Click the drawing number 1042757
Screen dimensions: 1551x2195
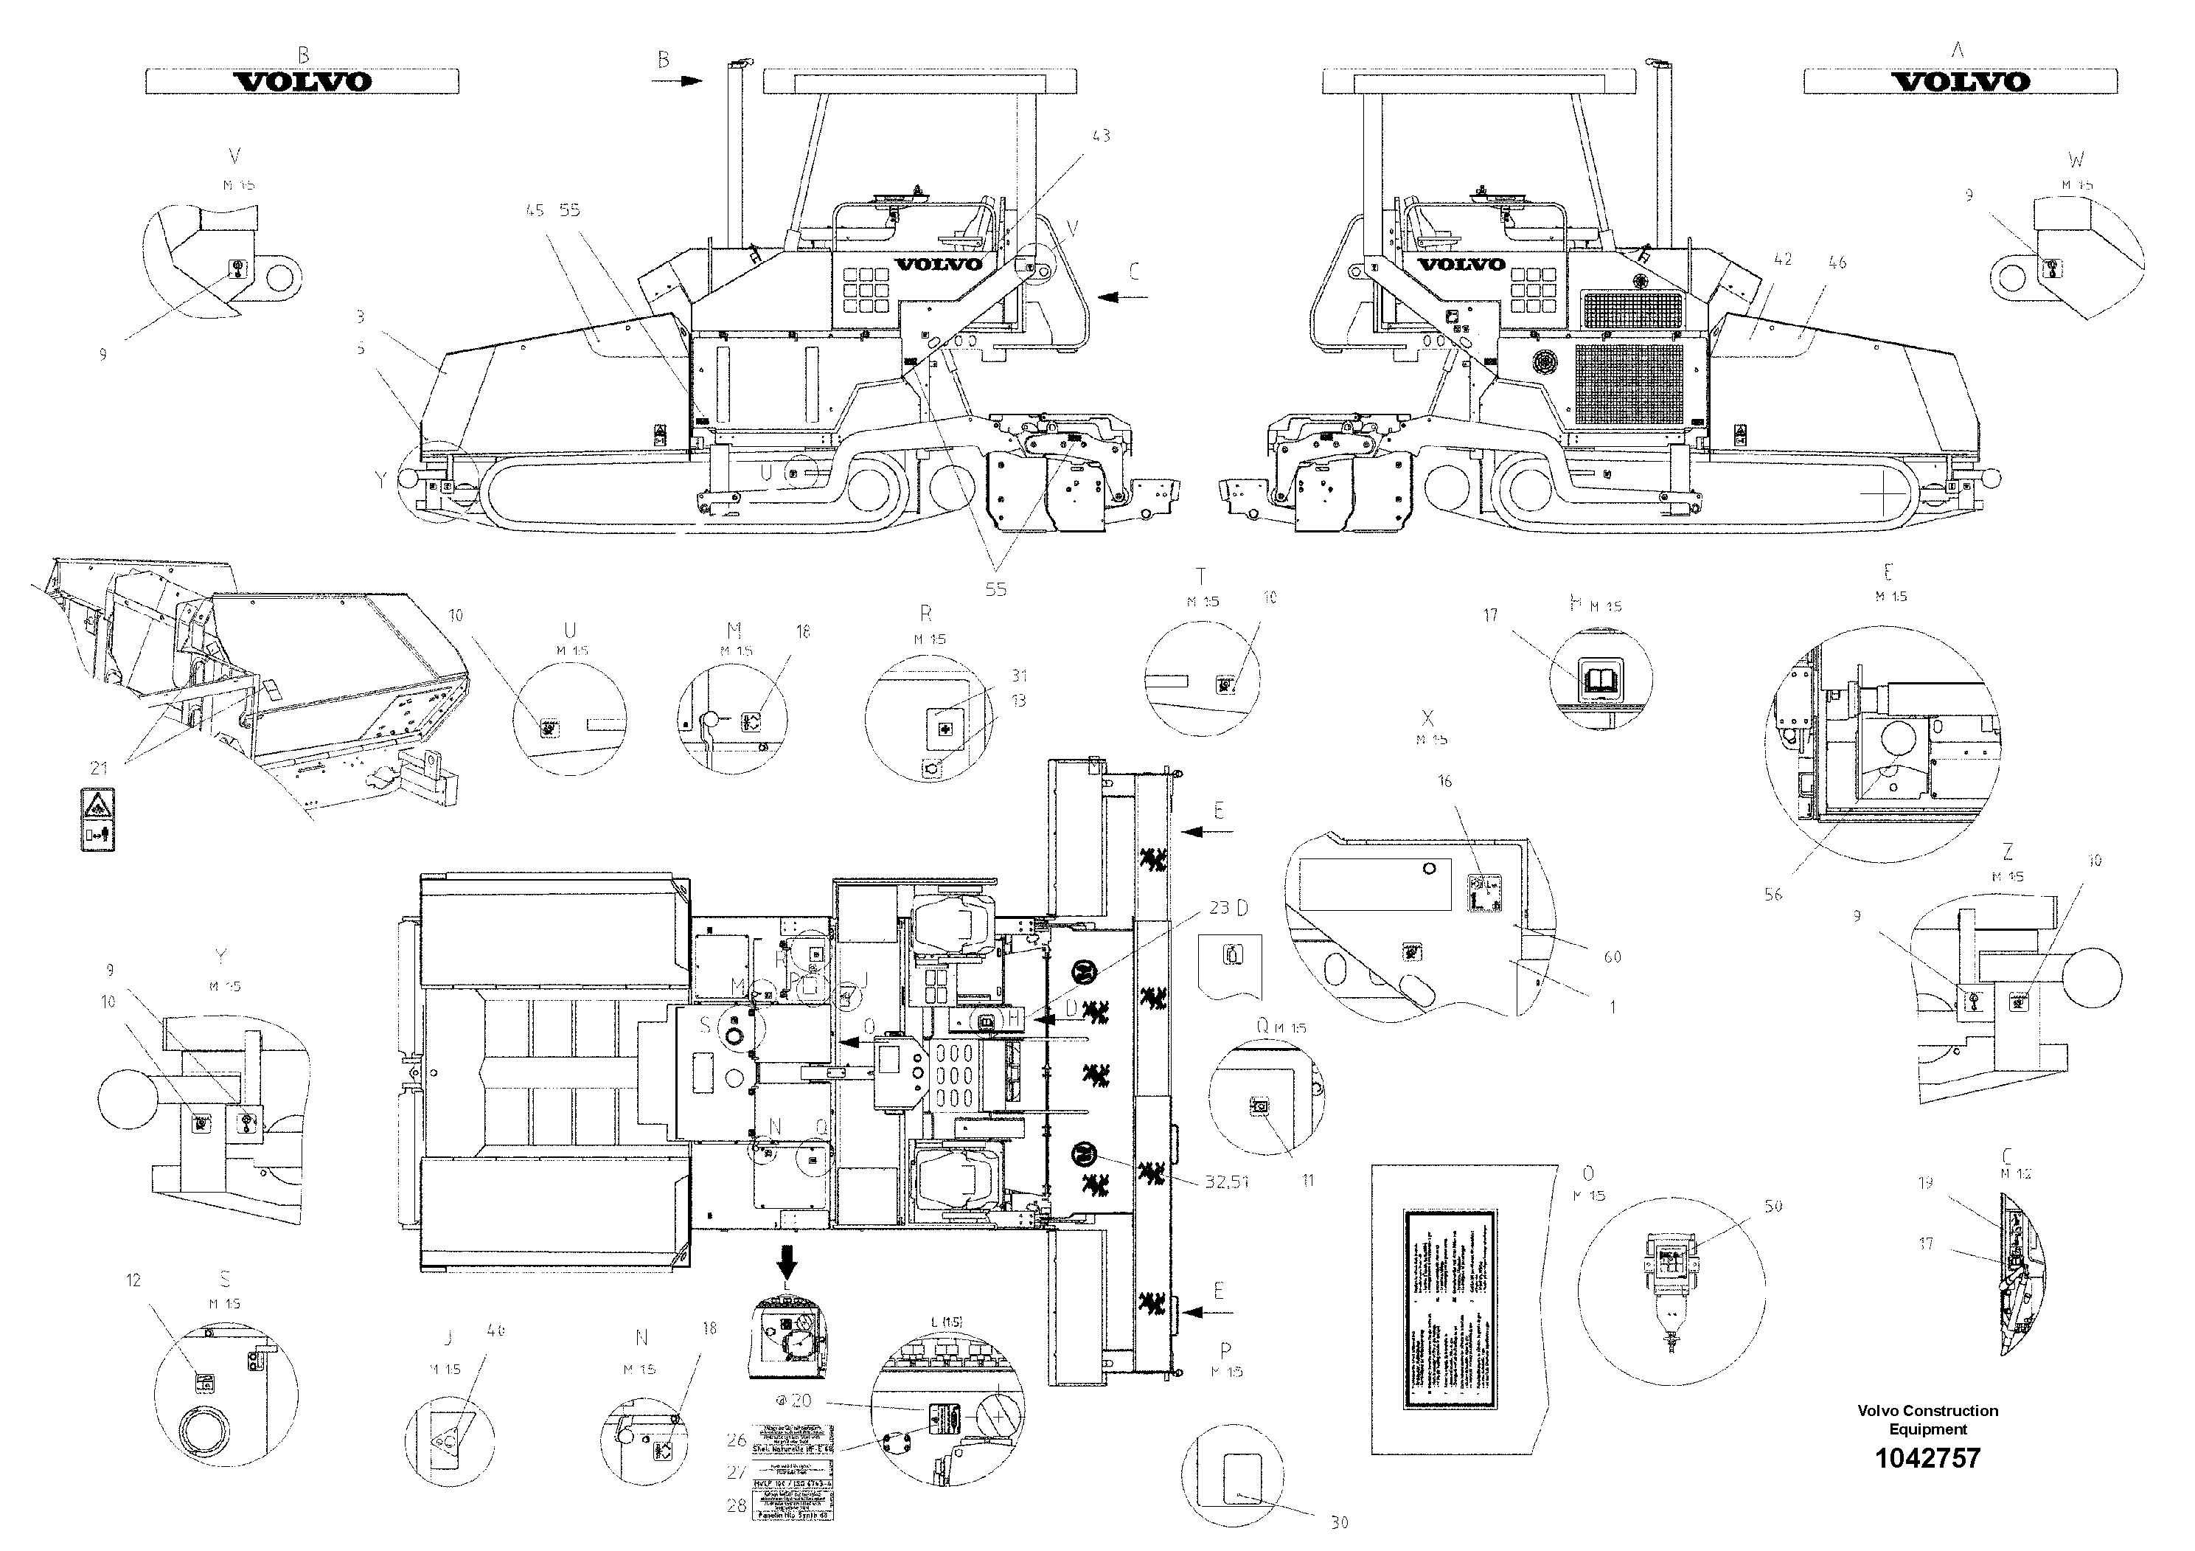tap(1927, 1458)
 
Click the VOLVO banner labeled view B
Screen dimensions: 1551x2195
tap(302, 81)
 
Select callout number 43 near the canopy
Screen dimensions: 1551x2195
tap(1102, 136)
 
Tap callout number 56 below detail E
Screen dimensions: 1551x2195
tap(1773, 894)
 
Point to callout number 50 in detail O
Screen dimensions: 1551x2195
tap(1773, 1207)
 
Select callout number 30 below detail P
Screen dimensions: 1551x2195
tap(1340, 1521)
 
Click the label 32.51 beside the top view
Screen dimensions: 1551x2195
tap(1227, 1182)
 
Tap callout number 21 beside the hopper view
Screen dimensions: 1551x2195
tap(99, 767)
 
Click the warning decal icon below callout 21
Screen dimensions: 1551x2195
tap(97, 819)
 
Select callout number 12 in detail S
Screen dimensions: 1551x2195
tap(133, 1280)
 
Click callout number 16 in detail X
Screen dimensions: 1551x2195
tap(1444, 781)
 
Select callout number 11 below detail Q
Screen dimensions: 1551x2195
tap(1308, 1181)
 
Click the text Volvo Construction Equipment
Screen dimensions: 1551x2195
tap(1927, 1420)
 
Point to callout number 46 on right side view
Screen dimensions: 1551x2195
tap(1837, 262)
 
